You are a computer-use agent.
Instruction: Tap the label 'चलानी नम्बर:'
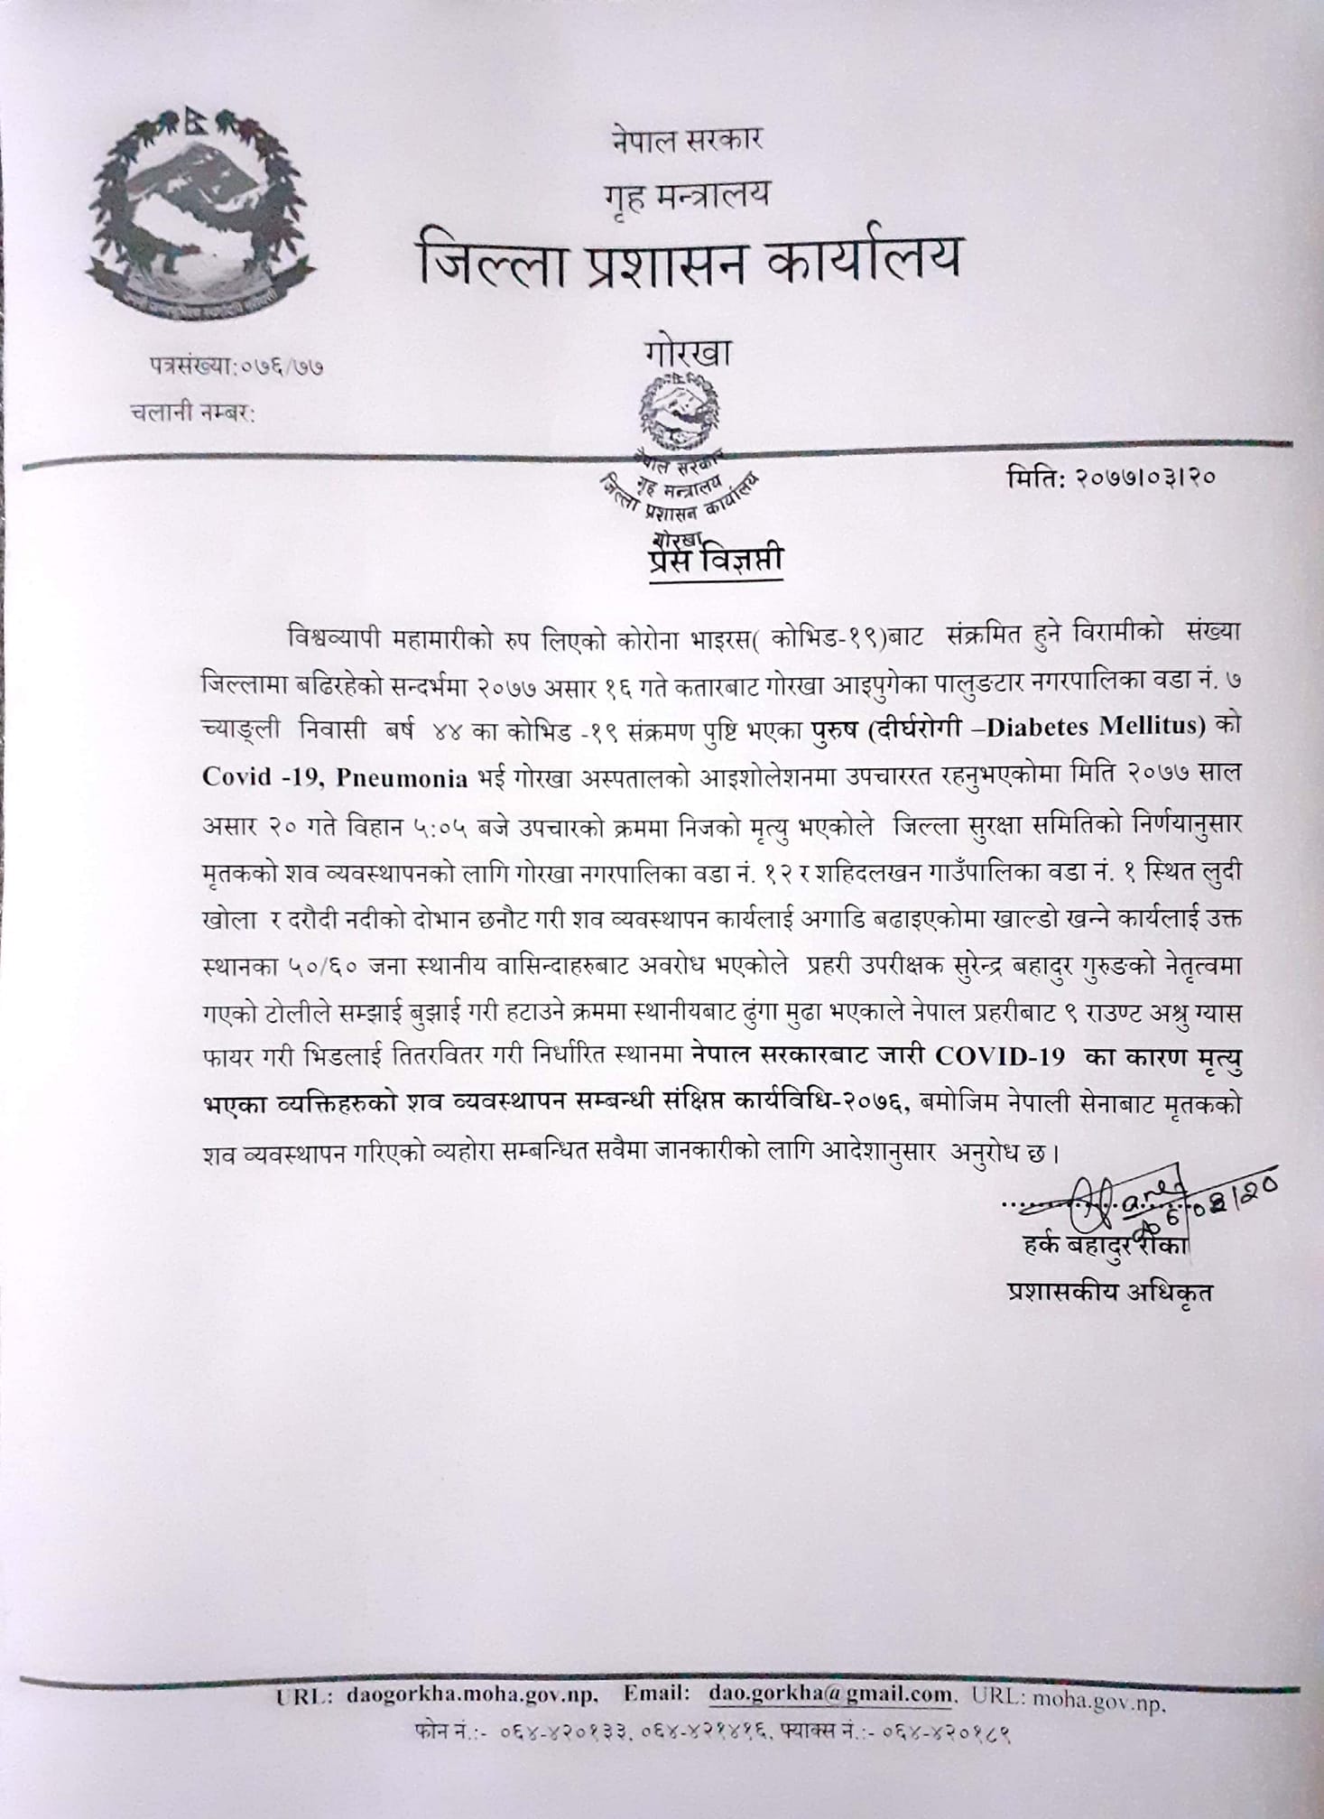[191, 413]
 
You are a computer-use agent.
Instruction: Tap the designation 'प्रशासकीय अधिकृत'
[1110, 1293]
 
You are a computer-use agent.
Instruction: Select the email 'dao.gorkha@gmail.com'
[830, 1694]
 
